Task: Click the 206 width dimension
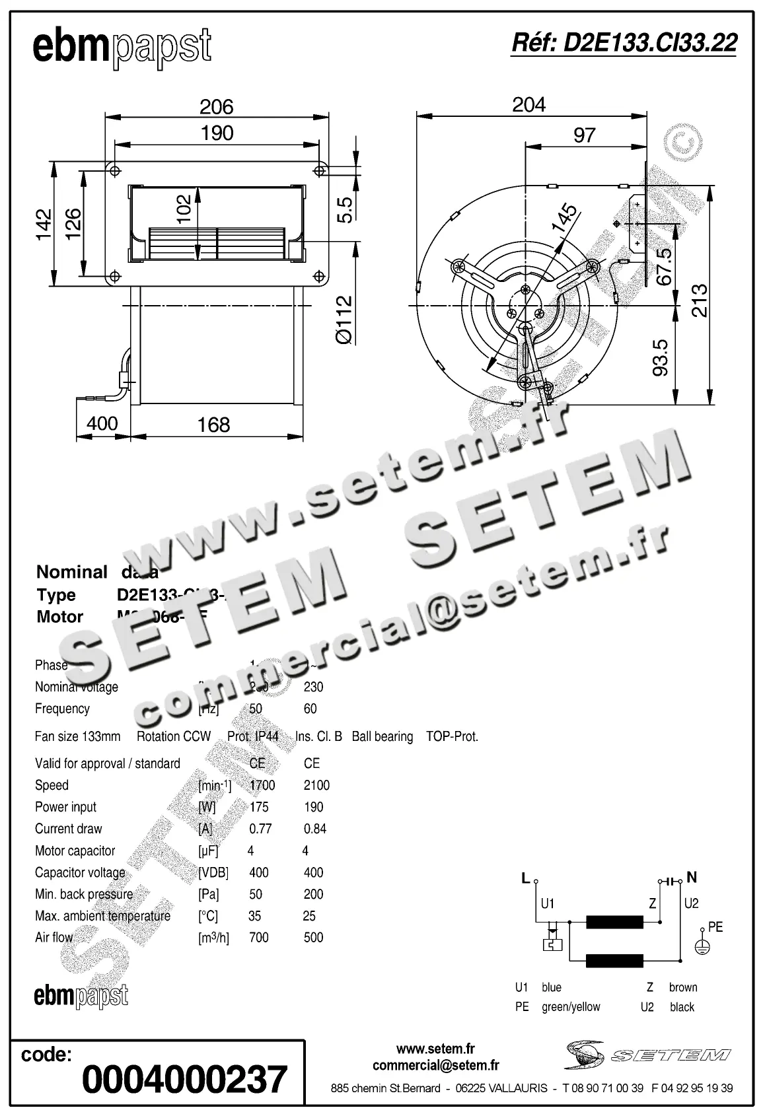pos(217,106)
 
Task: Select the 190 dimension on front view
pos(217,133)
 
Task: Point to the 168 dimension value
pos(213,425)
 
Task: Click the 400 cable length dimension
pos(102,423)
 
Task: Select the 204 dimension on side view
pos(528,104)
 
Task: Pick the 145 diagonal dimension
pos(564,219)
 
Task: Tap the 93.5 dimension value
pos(661,357)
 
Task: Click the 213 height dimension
pos(699,300)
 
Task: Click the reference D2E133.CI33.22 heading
pos(624,43)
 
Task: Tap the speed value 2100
pos(316,785)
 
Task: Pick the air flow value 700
pos(259,938)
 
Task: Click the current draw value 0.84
pos(315,829)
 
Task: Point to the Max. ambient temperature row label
pos(102,916)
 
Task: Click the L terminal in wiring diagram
pos(526,878)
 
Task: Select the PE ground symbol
pos(702,947)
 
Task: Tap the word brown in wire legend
pos(682,987)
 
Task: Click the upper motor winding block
pos(614,922)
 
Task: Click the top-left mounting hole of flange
pos(115,170)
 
